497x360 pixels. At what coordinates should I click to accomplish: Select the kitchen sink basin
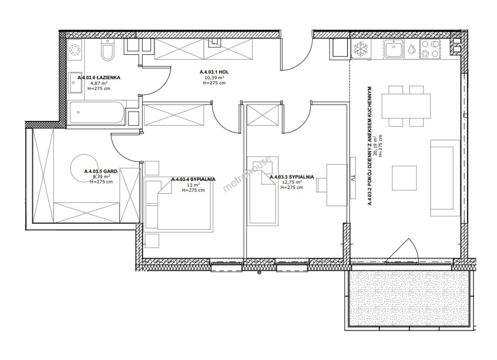coord(394,49)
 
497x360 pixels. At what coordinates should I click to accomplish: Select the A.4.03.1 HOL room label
coord(214,72)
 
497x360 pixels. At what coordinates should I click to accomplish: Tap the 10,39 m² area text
coord(214,78)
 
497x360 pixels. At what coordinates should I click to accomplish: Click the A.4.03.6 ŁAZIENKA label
coord(99,78)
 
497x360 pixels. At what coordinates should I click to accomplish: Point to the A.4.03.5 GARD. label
coord(101,171)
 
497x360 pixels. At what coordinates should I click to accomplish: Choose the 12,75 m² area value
coord(292,182)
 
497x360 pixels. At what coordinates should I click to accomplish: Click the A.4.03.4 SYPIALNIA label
coord(193,179)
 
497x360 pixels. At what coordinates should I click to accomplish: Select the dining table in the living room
coord(406,106)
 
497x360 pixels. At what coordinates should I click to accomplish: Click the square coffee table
coord(404,178)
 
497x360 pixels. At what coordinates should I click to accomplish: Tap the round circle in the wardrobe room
coord(84,168)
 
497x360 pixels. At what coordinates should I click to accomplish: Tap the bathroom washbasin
coord(75,82)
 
